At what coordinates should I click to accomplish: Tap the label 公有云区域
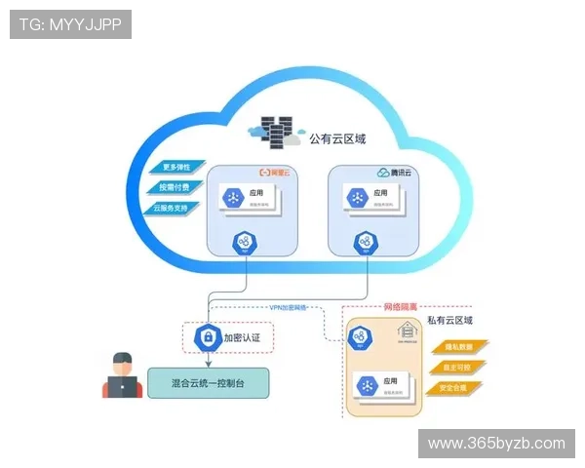click(337, 139)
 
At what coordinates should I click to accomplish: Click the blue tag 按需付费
click(176, 186)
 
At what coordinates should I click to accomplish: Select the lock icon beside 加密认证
click(207, 337)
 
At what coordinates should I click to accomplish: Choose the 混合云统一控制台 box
click(208, 381)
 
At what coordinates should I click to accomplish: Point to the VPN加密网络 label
click(290, 307)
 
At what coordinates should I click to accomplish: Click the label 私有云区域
click(449, 320)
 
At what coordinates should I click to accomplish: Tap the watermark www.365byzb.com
click(496, 444)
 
